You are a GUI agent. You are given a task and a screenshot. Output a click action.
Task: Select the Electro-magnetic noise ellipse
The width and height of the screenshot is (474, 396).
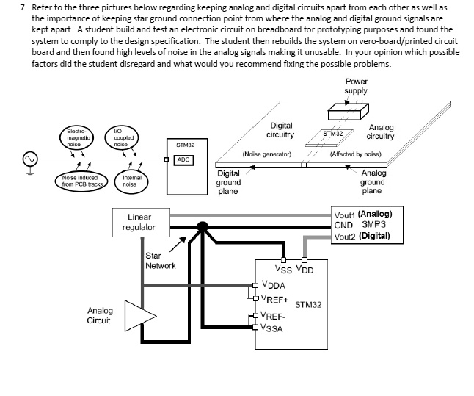(x=78, y=137)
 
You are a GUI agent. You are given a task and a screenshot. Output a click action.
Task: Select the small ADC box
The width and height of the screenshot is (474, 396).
(x=183, y=159)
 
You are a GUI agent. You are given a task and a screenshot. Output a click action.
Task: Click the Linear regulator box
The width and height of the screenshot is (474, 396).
(x=139, y=223)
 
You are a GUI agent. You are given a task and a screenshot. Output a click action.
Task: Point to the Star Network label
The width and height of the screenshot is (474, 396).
(x=160, y=261)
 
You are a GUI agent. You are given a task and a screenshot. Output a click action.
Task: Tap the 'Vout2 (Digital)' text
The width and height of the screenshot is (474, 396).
(x=362, y=237)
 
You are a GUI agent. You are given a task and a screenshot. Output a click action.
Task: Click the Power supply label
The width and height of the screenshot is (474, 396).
(x=357, y=86)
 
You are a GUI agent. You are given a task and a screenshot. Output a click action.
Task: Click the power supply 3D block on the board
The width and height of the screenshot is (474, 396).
(x=348, y=112)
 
